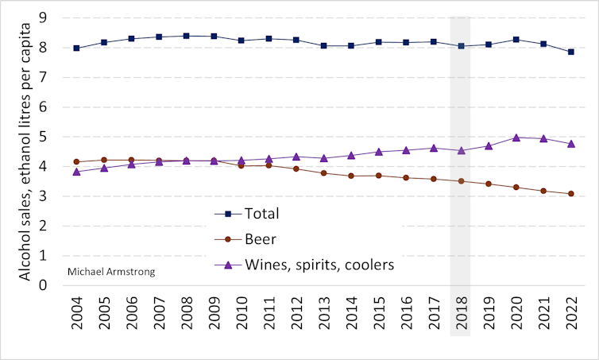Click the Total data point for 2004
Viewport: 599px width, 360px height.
(x=76, y=48)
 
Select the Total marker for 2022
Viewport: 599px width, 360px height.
(x=570, y=52)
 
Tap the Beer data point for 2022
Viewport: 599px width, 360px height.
(x=570, y=194)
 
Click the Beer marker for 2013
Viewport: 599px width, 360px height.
(x=323, y=173)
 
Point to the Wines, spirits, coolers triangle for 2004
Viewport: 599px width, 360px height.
(x=76, y=172)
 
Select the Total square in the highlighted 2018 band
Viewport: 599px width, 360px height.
(x=461, y=46)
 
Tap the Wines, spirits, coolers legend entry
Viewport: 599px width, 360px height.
(x=304, y=265)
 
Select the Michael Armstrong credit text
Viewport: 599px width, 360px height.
(x=111, y=272)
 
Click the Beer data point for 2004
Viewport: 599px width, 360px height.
(x=76, y=162)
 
